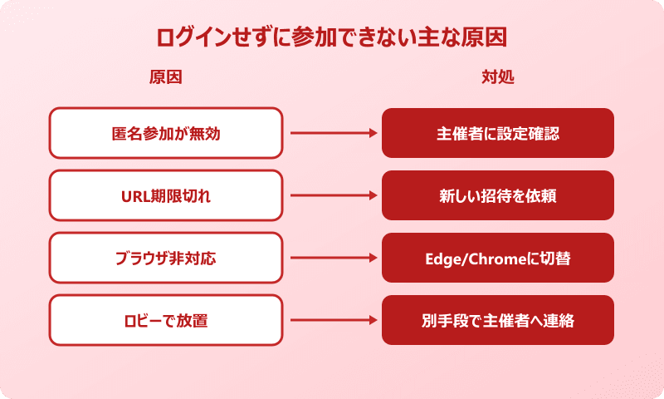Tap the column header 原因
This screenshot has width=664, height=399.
(165, 77)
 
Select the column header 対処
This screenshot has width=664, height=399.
(498, 77)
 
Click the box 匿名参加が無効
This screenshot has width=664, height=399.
(166, 133)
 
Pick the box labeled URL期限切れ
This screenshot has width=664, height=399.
(166, 195)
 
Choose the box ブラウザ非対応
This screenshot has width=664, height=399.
(166, 258)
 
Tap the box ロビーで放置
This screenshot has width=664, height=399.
(166, 320)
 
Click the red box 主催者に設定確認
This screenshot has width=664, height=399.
(498, 133)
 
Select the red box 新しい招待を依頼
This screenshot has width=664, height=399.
(498, 195)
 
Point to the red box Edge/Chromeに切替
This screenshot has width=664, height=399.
(498, 258)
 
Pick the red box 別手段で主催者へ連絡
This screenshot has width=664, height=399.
(498, 320)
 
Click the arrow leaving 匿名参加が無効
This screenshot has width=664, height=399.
(332, 133)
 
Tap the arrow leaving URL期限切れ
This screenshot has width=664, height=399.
(332, 195)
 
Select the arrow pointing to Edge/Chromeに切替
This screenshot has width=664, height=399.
(332, 258)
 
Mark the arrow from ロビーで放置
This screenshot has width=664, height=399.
(332, 320)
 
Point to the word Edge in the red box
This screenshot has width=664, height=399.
(442, 259)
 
